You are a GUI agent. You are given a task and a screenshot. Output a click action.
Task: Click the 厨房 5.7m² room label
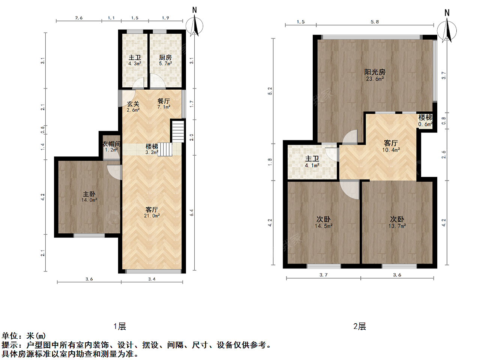tap(165, 60)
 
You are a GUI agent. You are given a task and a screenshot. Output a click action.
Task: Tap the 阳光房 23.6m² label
tap(375, 75)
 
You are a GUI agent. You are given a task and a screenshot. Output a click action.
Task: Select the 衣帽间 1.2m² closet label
tap(111, 147)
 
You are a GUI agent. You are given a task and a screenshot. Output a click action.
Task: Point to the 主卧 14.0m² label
tap(89, 197)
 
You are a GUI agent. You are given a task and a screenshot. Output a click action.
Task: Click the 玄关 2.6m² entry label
tap(133, 106)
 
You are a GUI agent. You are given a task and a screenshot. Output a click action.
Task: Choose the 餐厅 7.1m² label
tap(164, 104)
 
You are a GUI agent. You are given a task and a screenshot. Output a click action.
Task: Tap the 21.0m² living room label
tap(152, 216)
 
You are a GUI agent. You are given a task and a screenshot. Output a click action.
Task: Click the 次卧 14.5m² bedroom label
tap(323, 222)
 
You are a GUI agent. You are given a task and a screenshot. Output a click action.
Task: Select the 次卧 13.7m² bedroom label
tap(397, 222)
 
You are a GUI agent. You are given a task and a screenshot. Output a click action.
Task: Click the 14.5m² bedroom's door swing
tap(349, 189)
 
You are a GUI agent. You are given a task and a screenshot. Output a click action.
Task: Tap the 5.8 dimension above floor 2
tap(375, 22)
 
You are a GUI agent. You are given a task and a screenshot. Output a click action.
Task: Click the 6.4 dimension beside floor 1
tap(192, 213)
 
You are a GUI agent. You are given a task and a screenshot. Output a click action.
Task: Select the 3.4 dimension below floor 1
tap(152, 279)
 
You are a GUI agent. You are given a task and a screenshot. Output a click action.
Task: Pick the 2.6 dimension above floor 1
tap(79, 18)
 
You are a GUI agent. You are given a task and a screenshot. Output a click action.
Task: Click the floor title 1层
tap(120, 326)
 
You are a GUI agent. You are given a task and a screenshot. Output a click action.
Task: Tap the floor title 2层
tap(360, 326)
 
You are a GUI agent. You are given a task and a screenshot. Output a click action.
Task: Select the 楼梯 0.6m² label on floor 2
tap(425, 120)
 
